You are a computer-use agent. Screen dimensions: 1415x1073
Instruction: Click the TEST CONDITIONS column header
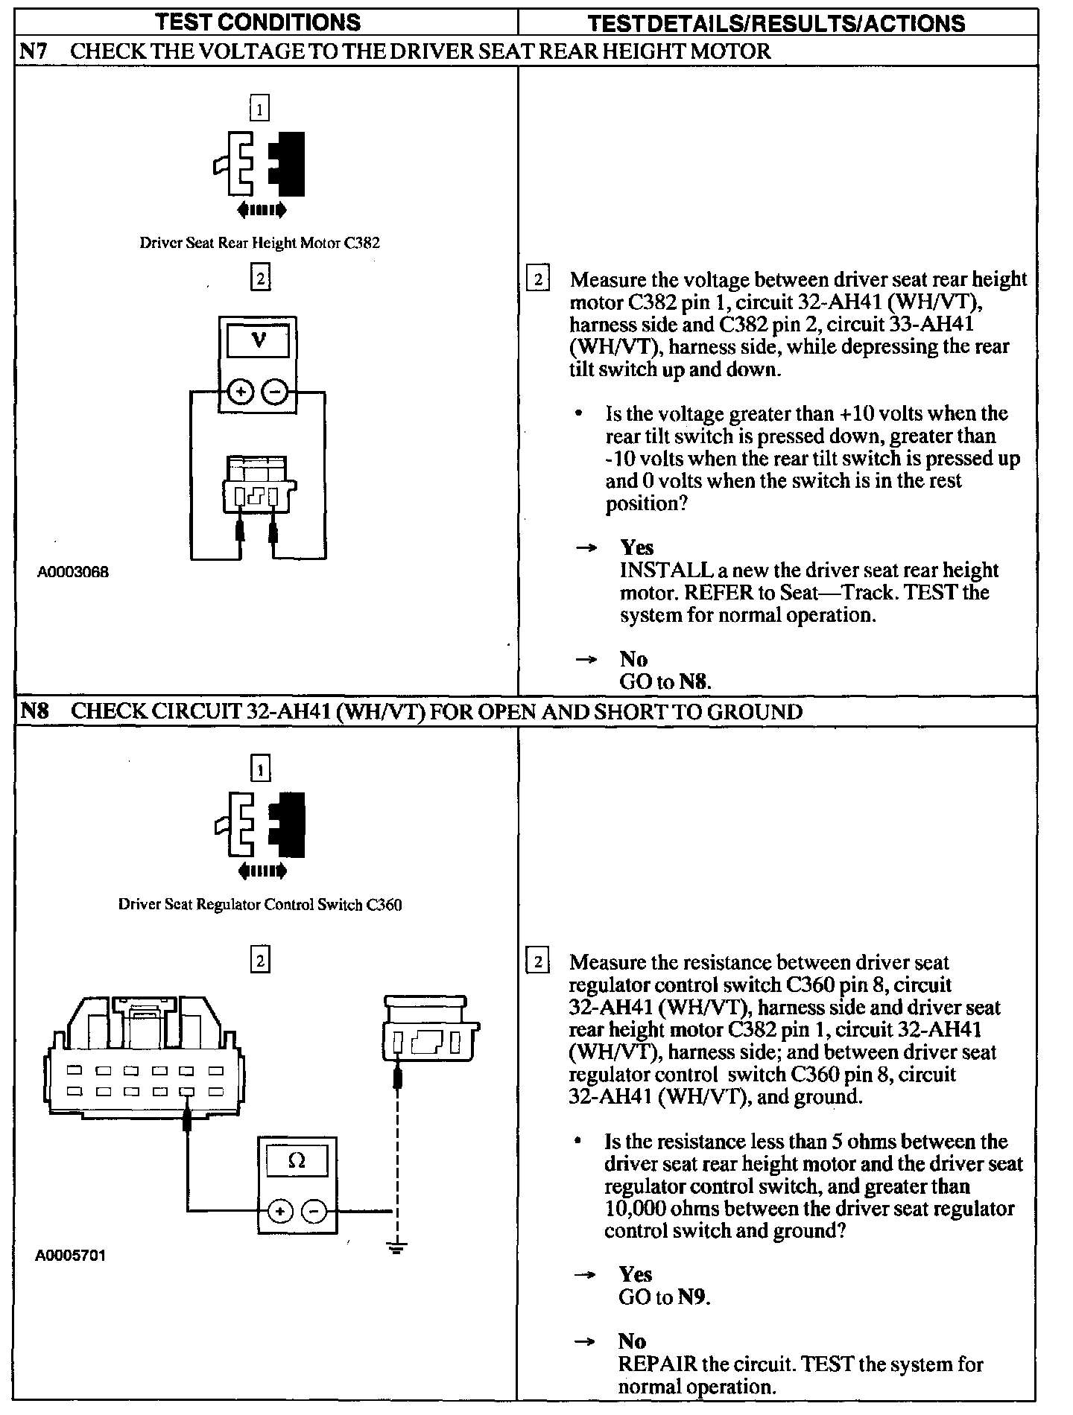[x=257, y=22]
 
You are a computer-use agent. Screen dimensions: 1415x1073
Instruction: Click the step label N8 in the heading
[x=34, y=711]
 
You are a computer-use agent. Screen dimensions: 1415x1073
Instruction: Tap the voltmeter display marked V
[x=258, y=342]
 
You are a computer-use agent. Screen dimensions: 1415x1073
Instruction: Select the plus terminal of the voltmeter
[x=241, y=391]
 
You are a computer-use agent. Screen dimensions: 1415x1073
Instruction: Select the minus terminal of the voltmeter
[x=275, y=391]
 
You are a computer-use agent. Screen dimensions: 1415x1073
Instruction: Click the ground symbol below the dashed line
[x=397, y=1247]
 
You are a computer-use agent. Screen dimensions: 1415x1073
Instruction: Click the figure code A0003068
[x=73, y=572]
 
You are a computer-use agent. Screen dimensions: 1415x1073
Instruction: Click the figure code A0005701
[x=71, y=1255]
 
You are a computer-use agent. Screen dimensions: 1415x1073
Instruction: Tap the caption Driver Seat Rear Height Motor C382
[x=259, y=243]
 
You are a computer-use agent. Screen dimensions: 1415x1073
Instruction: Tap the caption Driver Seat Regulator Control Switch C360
[x=259, y=905]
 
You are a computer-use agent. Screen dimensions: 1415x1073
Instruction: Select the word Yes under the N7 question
[x=636, y=547]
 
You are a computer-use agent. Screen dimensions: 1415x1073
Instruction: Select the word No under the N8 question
[x=632, y=1341]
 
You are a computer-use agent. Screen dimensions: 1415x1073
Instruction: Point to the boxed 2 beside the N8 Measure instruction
[x=537, y=961]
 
